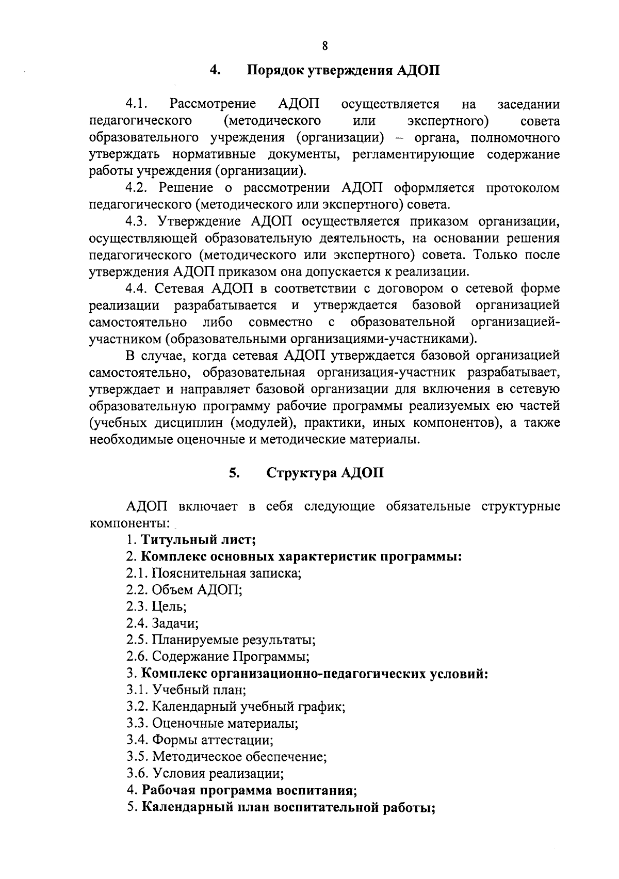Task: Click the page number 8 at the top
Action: click(324, 46)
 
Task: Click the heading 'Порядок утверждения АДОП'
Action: click(344, 70)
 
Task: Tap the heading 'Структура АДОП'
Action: click(325, 473)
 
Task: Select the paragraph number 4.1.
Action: click(137, 104)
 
